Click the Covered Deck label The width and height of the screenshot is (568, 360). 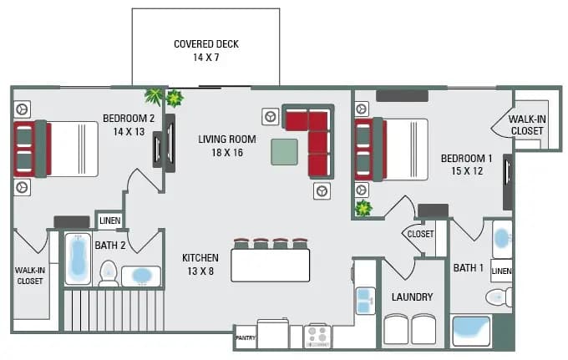(x=205, y=51)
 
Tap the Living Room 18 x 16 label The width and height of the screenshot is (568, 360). (x=227, y=145)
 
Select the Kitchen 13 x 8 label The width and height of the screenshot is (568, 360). (x=200, y=265)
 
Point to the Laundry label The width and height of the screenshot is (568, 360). (x=412, y=297)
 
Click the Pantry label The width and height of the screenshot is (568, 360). (x=246, y=338)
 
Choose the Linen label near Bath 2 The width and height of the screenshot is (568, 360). (x=109, y=221)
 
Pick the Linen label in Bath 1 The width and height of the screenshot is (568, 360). (x=501, y=271)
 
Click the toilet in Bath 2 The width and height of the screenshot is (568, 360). (x=109, y=273)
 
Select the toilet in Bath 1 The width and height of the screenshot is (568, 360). (x=499, y=297)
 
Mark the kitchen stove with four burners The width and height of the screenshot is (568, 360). (x=317, y=336)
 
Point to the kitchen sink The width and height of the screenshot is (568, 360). (x=365, y=298)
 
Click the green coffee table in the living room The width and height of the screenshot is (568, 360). (x=284, y=151)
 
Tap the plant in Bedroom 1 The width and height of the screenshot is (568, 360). (x=363, y=208)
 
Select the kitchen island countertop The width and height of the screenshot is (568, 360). (x=271, y=266)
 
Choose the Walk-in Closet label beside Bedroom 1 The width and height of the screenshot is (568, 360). (x=527, y=125)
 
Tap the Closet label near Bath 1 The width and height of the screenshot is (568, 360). (x=420, y=234)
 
